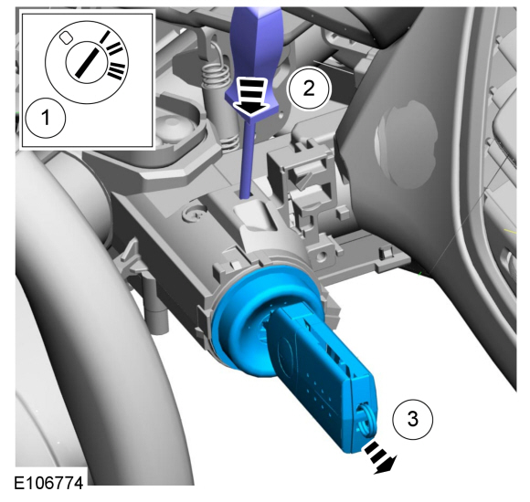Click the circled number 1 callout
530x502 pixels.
(x=46, y=118)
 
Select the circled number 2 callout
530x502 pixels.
(x=309, y=89)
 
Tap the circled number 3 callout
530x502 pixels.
(x=412, y=419)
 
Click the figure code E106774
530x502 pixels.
(x=48, y=483)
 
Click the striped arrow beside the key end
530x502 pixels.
(x=380, y=458)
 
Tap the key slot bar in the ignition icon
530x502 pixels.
(x=87, y=62)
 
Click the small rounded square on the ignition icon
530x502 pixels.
(x=66, y=37)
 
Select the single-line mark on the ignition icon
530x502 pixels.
(x=105, y=37)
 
